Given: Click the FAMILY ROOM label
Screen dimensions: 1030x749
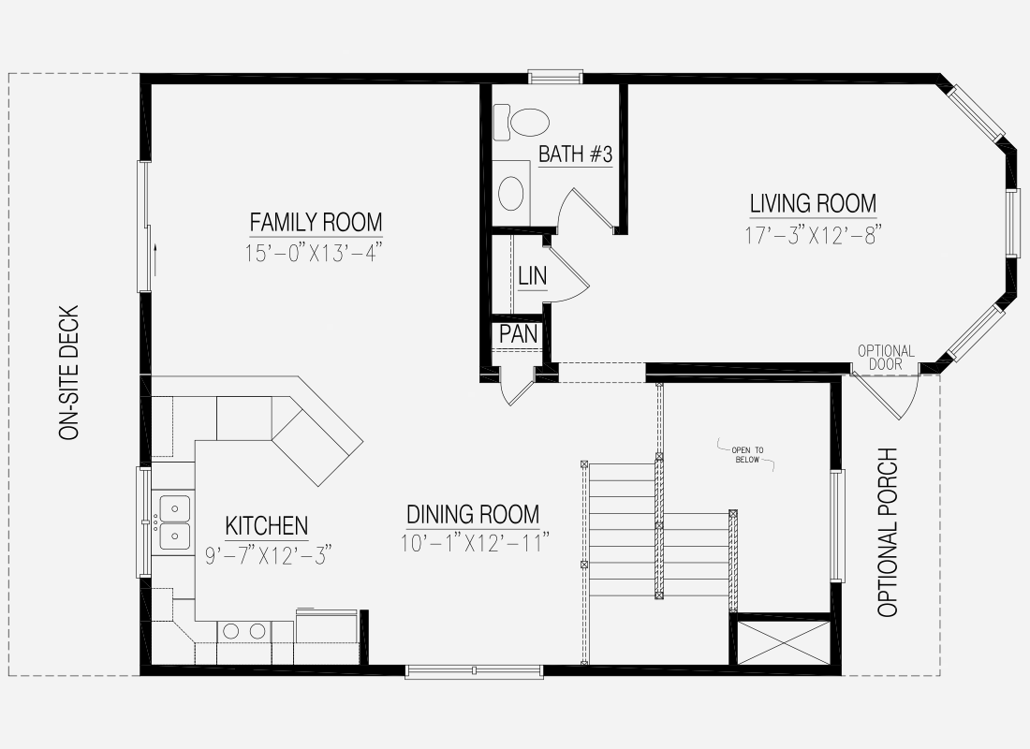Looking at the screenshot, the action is pyautogui.click(x=316, y=222).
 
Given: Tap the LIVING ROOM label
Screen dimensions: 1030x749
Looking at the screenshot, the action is pyautogui.click(x=813, y=204).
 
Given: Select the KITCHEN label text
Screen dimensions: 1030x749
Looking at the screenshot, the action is pyautogui.click(x=267, y=525).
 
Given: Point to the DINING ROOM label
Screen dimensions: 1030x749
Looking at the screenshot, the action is pyautogui.click(x=473, y=514).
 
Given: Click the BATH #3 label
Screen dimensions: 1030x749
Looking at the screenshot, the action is pyautogui.click(x=576, y=154).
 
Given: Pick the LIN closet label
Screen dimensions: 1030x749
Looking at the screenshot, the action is pyautogui.click(x=532, y=276).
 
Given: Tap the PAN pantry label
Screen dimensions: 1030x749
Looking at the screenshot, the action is pyautogui.click(x=519, y=333).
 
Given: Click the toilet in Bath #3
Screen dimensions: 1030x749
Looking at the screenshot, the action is pyautogui.click(x=521, y=122).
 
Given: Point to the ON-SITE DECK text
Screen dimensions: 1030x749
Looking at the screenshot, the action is pyautogui.click(x=69, y=373).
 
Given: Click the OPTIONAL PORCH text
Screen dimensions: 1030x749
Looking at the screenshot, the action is pyautogui.click(x=888, y=532).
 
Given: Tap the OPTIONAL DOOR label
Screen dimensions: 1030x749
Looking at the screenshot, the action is pyautogui.click(x=886, y=358).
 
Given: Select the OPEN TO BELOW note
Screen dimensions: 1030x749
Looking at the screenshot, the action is pyautogui.click(x=747, y=455).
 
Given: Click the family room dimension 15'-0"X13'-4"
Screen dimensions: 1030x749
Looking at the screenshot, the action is pyautogui.click(x=314, y=253).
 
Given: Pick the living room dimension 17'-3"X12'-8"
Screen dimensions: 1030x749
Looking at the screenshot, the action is pyautogui.click(x=813, y=235).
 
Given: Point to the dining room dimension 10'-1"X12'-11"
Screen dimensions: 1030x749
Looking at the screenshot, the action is pyautogui.click(x=475, y=543).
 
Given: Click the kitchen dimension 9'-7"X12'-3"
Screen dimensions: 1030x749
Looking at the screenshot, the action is pyautogui.click(x=268, y=555).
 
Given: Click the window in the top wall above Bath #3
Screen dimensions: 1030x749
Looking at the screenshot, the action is pyautogui.click(x=555, y=78).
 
